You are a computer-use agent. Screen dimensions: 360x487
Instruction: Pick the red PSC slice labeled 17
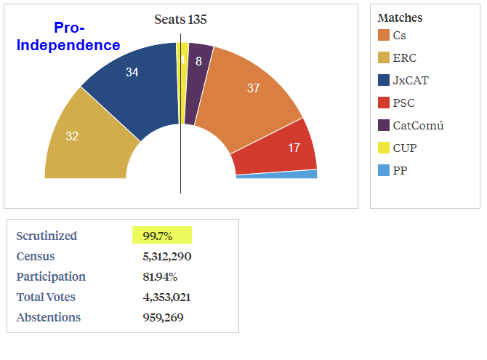coord(287,148)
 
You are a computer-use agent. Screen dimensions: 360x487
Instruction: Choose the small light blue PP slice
coord(291,175)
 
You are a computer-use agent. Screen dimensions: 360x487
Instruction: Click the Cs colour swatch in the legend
coord(384,35)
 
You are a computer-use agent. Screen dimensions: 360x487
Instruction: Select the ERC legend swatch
coord(384,57)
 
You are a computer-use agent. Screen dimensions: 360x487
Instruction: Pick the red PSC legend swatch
coord(384,103)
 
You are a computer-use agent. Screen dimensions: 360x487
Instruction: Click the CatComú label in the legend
coord(418,125)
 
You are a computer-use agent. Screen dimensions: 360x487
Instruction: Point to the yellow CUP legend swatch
coord(384,148)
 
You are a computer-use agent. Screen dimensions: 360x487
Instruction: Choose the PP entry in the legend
coord(399,170)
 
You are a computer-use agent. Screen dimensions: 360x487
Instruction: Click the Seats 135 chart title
coord(180,20)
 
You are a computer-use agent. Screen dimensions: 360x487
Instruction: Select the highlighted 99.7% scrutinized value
coord(161,236)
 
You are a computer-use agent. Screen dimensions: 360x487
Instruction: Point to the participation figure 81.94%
coord(160,276)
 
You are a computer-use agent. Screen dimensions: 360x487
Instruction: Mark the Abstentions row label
coord(49,317)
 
